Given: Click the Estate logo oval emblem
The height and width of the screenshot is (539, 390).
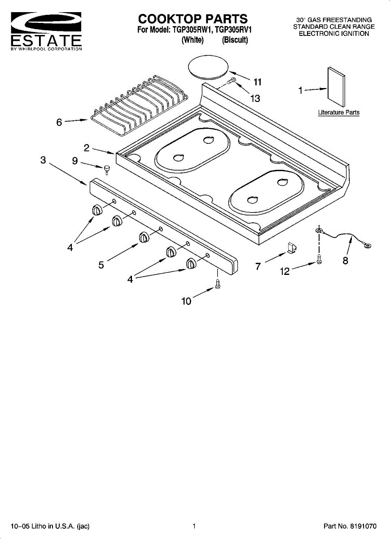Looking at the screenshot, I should (46, 22).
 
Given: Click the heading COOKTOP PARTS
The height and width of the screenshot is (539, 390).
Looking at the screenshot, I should (193, 19).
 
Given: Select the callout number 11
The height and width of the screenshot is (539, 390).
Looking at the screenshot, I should (257, 82).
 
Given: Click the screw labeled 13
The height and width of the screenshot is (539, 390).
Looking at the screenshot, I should (231, 81).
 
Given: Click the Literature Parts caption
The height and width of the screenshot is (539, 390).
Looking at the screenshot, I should (338, 112).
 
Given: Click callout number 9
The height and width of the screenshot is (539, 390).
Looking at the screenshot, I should (75, 160).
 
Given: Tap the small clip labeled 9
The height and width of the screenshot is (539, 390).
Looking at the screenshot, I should (107, 168).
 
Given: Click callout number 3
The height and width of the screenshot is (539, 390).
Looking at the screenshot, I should (43, 159).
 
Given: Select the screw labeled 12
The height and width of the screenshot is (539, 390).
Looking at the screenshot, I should (319, 260).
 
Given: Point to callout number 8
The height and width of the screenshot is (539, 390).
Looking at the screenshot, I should (345, 261).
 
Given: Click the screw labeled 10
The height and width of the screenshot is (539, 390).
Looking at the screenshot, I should (217, 284).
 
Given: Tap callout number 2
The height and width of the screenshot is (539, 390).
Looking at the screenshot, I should (87, 147).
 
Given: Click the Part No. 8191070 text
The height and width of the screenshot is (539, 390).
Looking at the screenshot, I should (350, 526).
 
